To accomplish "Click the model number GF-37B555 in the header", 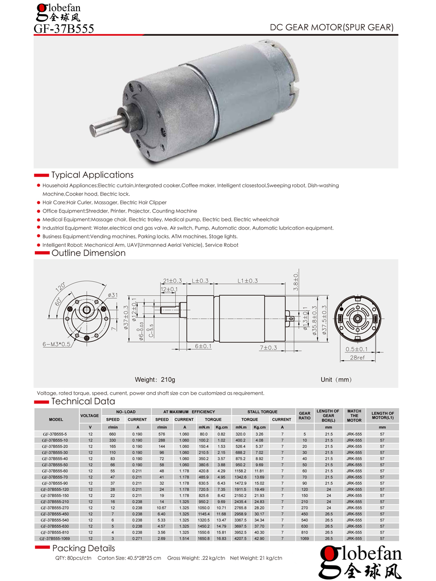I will (x=63, y=29).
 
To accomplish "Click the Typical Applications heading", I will (x=92, y=175).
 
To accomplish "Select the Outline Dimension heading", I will (x=88, y=253).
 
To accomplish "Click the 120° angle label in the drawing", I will (x=60, y=287).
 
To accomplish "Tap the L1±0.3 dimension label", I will (x=247, y=281).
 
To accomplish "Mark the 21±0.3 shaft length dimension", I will (x=172, y=281).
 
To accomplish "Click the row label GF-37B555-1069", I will (x=56, y=538).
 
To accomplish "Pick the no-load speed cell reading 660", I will (x=112, y=434).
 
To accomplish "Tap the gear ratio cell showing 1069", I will (x=305, y=538).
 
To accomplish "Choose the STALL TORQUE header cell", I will (x=262, y=412).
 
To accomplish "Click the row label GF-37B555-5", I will (x=56, y=434).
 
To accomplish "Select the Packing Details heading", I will (x=83, y=548).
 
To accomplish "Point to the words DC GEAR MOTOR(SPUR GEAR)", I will (x=331, y=27).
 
